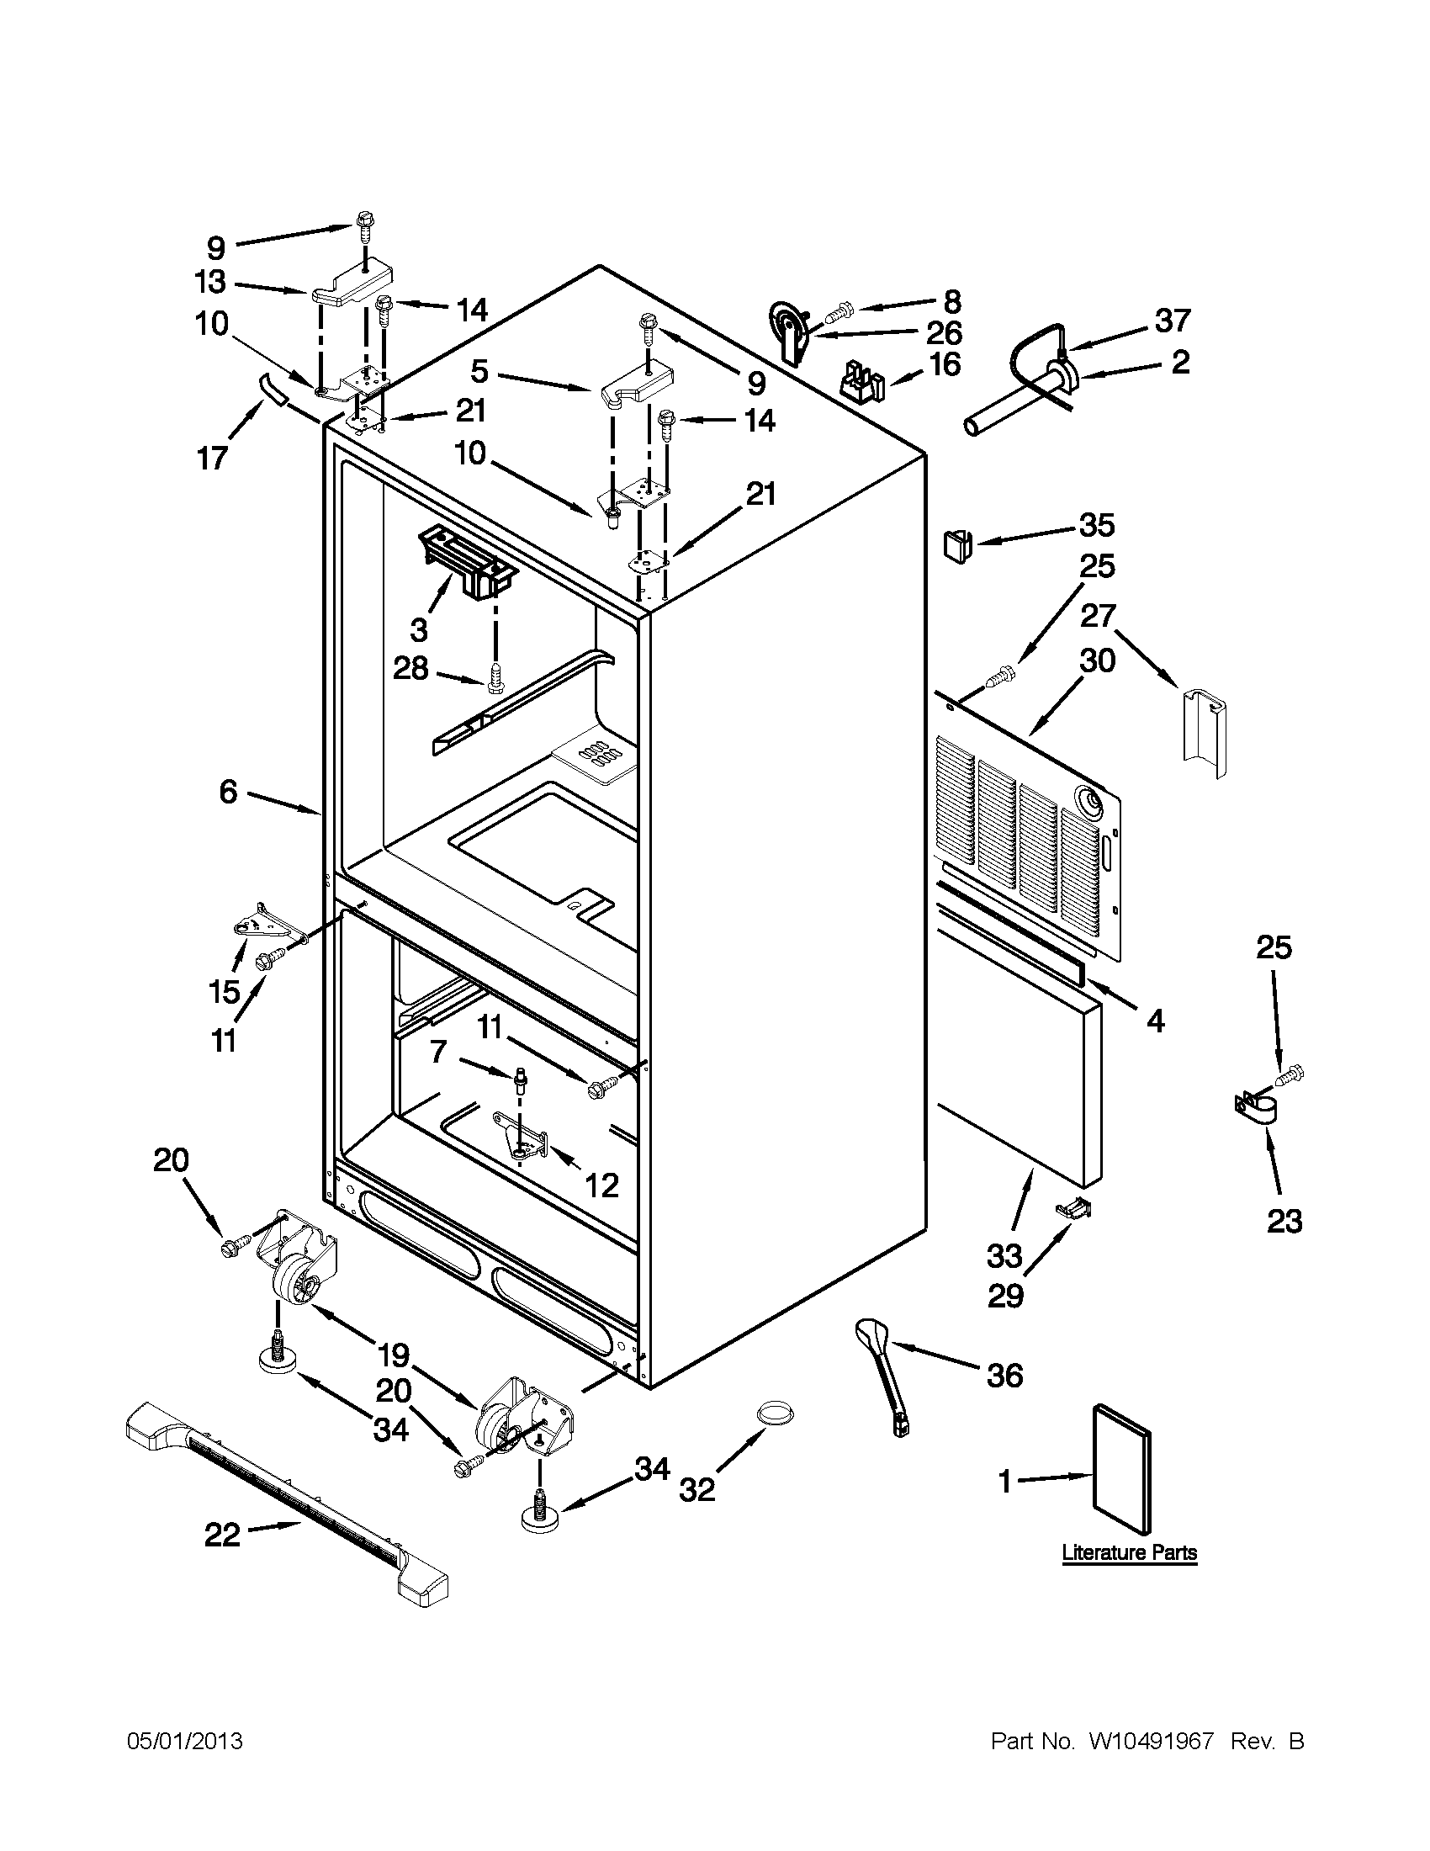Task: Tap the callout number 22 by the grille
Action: click(223, 1535)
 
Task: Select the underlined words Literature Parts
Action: click(1129, 1552)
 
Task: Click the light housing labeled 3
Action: click(466, 559)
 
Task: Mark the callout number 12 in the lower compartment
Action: click(601, 1185)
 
